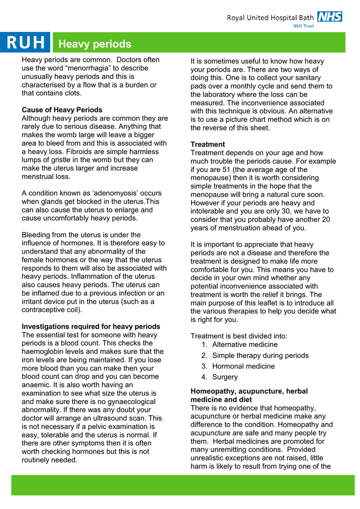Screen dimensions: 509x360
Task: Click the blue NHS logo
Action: tap(330, 16)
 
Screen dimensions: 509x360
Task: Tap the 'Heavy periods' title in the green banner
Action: tap(94, 44)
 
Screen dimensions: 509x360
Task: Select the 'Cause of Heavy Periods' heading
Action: tap(62, 110)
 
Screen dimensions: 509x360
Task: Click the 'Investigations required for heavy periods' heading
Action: tap(91, 327)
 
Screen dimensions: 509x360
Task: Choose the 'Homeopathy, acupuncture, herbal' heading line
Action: tap(249, 391)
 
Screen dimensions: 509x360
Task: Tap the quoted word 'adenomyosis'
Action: tap(135, 193)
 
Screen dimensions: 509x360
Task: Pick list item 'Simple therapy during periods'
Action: tap(260, 355)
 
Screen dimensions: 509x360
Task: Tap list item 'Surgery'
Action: tap(225, 377)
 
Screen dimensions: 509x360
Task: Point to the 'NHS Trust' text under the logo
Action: tap(303, 26)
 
